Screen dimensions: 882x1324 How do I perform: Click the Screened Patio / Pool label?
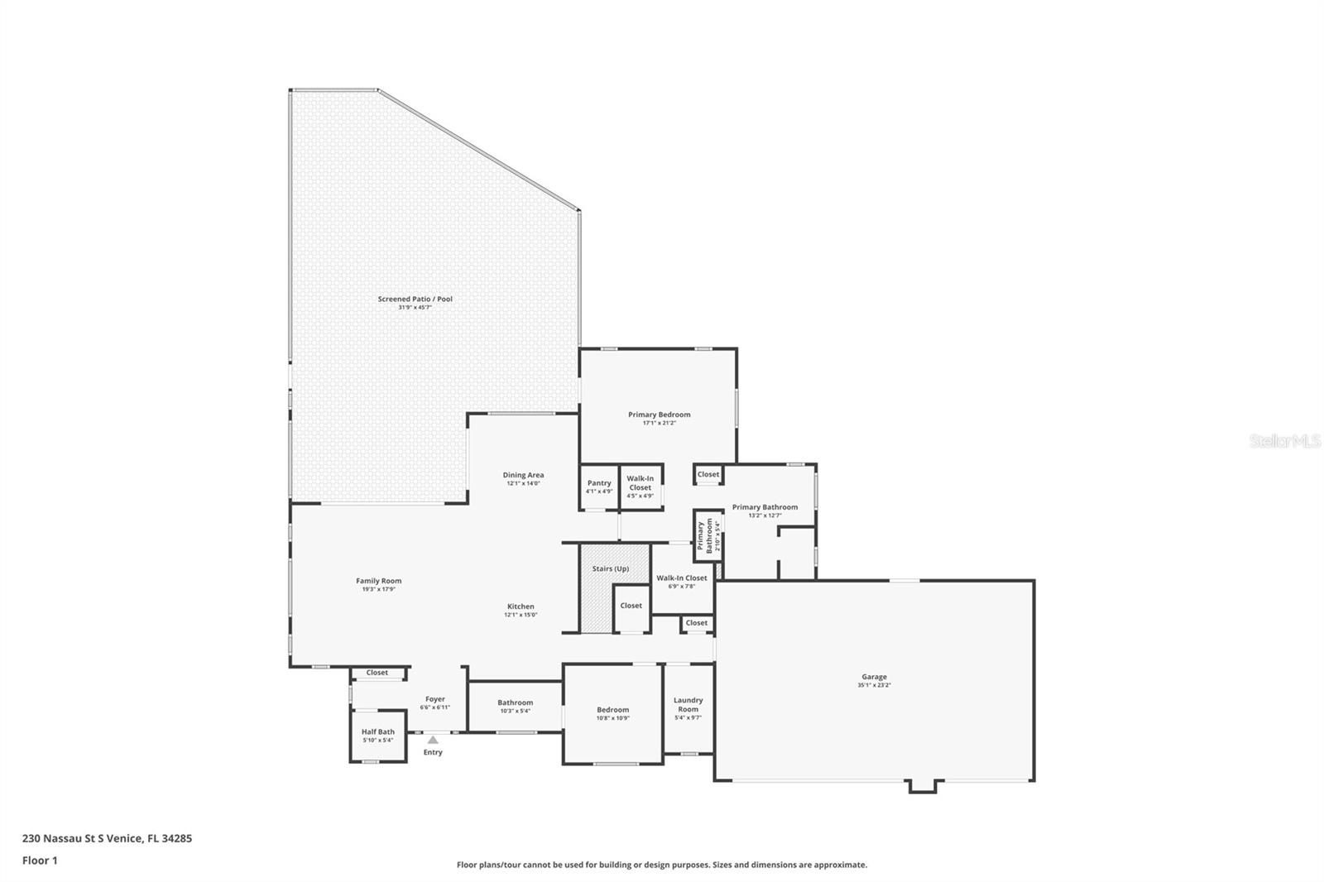pos(415,299)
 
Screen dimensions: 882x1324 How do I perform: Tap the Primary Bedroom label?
pos(659,415)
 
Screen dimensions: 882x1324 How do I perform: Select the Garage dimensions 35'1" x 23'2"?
pos(874,686)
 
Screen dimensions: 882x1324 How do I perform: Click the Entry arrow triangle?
pos(433,740)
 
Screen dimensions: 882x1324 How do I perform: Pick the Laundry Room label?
pos(688,704)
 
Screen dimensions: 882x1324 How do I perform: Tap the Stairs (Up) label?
pos(610,568)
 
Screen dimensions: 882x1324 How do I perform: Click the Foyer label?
pos(434,699)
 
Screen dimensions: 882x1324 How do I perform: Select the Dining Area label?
pos(523,475)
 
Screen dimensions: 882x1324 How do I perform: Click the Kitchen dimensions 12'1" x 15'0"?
pos(520,615)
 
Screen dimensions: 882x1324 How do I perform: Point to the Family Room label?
pos(378,581)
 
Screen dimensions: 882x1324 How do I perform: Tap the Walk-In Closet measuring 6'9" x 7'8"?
pos(682,582)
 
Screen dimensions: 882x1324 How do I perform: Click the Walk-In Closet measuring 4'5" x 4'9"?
pos(640,487)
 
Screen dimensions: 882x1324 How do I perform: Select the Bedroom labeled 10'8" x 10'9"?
pos(612,713)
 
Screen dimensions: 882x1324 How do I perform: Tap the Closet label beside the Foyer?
pos(377,673)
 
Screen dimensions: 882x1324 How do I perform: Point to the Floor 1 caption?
pos(40,860)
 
